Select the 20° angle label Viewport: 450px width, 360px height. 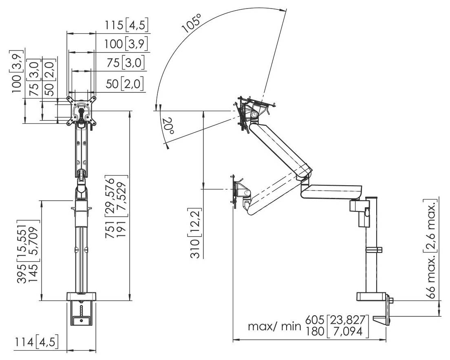point(168,126)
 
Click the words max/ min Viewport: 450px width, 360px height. point(274,327)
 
